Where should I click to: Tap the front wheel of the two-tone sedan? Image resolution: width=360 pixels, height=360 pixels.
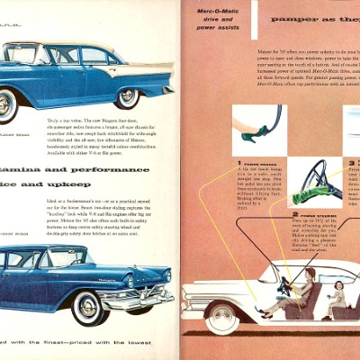tap(128, 97)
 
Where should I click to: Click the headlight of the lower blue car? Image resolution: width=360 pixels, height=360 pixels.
tap(166, 276)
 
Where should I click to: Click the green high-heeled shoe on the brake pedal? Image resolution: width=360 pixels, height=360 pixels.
tap(249, 132)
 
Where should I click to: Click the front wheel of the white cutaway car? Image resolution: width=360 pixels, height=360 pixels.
tap(221, 317)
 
